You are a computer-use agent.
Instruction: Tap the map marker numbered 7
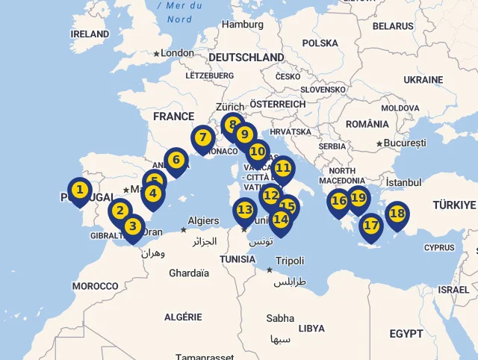(x=202, y=138)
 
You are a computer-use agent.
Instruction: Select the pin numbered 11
(x=283, y=168)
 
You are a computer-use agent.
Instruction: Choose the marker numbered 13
(x=245, y=211)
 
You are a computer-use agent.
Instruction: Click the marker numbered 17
(x=371, y=226)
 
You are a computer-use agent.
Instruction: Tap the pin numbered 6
(x=176, y=160)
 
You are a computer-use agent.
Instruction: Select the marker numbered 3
(x=133, y=226)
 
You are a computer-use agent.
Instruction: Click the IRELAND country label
(x=90, y=34)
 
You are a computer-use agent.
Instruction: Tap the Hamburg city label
(x=243, y=24)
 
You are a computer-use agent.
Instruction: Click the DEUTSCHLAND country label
(x=246, y=58)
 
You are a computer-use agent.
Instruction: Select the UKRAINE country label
(x=423, y=80)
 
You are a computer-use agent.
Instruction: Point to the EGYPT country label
(x=406, y=332)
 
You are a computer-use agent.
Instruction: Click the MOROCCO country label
(x=95, y=286)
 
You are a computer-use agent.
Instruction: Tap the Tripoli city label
(x=290, y=261)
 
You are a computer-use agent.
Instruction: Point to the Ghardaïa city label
(x=188, y=273)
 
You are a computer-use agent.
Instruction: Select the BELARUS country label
(x=392, y=26)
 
